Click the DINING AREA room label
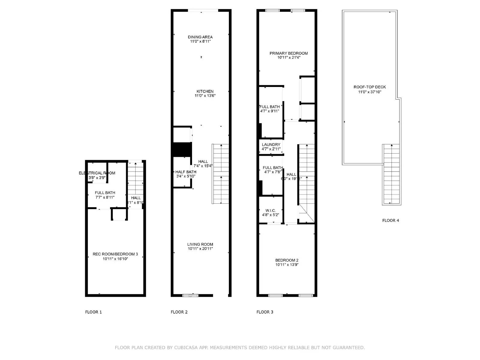coord(200,37)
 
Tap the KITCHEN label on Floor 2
coord(205,91)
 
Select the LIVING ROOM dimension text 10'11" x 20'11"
coord(200,249)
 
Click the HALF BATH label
coord(186,172)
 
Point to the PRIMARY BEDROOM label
coord(289,53)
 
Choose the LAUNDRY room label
coord(271,145)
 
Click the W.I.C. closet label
coord(271,211)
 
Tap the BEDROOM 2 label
coord(287,260)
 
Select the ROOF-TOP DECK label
coord(370,87)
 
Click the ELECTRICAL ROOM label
coord(97,173)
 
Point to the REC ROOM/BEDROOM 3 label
coord(115,254)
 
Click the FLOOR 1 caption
coord(93,312)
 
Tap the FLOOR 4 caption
coord(391,220)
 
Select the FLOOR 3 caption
coord(265,312)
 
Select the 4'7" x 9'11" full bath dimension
coord(270,111)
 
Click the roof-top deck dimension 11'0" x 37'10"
coord(370,92)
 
